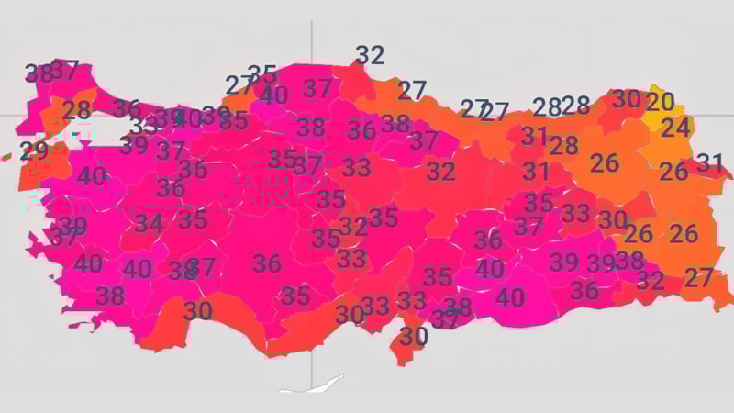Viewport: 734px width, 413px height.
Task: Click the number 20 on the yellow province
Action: click(x=660, y=102)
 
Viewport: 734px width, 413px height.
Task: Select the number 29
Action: click(x=34, y=151)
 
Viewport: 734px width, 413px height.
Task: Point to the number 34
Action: click(x=148, y=222)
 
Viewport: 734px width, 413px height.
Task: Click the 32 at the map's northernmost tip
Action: click(x=370, y=56)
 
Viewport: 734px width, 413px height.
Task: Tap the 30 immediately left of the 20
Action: click(x=627, y=99)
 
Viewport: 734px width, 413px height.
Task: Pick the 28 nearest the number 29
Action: click(x=76, y=110)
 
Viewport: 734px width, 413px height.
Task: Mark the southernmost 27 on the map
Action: click(x=698, y=276)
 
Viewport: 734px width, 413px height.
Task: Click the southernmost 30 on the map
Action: click(x=413, y=337)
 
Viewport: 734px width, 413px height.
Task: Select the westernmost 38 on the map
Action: click(x=39, y=73)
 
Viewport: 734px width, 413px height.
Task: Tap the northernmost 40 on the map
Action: click(x=273, y=95)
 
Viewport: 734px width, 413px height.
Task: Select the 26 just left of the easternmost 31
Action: click(x=673, y=171)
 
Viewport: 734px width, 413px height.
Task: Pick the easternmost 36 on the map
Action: click(x=584, y=290)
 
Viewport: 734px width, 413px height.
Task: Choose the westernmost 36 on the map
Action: click(x=127, y=108)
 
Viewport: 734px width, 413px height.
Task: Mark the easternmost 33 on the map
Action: click(x=575, y=214)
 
